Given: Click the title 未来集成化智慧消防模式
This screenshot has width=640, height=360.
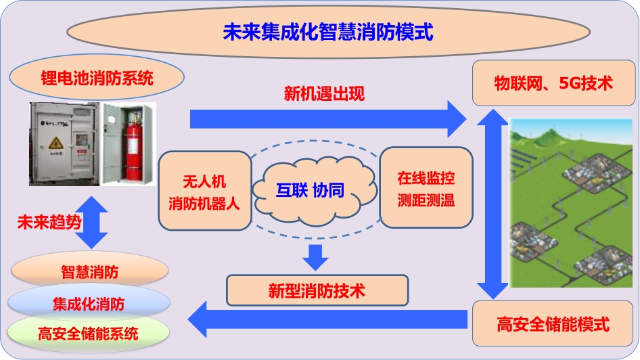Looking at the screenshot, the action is click(x=327, y=32).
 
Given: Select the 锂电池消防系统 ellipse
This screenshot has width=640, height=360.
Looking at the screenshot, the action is click(x=97, y=78).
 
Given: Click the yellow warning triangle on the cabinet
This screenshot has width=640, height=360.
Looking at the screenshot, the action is click(x=56, y=143).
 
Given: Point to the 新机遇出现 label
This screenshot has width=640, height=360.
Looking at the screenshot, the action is click(x=324, y=94).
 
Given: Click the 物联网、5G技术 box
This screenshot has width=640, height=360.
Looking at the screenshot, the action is click(x=553, y=83).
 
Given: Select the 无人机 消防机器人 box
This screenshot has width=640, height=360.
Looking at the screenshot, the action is click(x=204, y=191).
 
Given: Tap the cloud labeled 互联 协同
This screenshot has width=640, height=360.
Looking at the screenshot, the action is click(x=313, y=191).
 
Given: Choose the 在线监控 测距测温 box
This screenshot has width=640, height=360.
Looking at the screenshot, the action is click(x=426, y=188).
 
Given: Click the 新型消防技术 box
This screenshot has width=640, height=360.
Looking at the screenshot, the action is click(x=317, y=290).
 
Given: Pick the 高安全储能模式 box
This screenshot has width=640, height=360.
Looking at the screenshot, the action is click(x=553, y=323).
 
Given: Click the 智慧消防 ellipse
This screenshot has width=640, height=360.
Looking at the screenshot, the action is click(x=90, y=271).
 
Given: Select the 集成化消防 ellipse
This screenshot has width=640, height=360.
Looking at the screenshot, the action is click(x=89, y=303).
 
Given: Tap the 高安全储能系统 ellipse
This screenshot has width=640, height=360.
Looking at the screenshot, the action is click(x=88, y=334).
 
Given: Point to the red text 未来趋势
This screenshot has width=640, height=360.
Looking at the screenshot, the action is click(x=49, y=223).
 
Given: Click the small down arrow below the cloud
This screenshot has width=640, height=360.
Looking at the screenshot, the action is click(x=315, y=257).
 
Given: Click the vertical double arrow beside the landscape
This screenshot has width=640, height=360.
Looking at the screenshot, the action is click(x=493, y=204).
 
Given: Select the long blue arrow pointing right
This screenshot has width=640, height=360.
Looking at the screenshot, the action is click(x=328, y=119).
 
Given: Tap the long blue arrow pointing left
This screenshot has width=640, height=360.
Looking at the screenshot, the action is click(x=327, y=319).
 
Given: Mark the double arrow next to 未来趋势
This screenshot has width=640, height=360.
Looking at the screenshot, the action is click(x=92, y=223).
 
